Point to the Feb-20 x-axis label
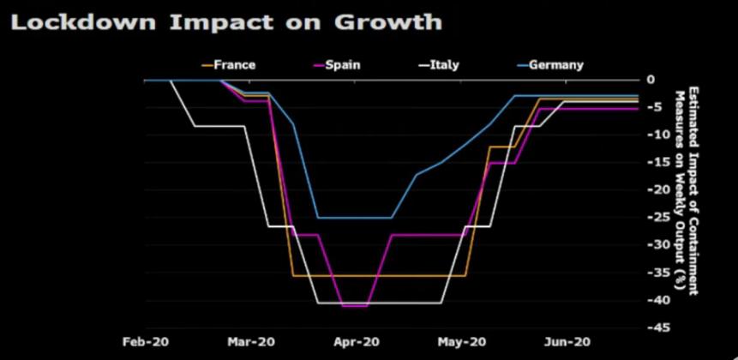pos(147,340)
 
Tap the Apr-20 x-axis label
pos(355,340)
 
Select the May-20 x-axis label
pos(459,340)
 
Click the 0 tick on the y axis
pos(651,80)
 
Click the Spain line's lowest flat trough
pos(355,305)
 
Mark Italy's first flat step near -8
pos(219,126)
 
